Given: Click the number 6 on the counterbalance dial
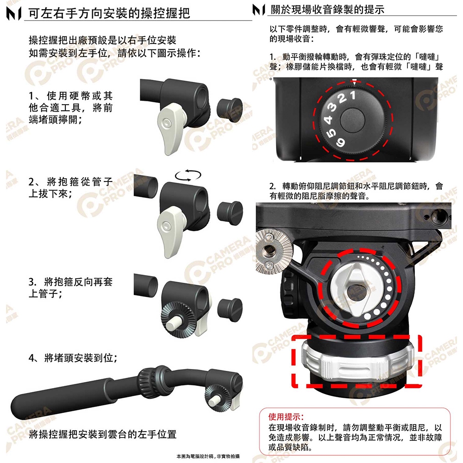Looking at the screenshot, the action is click(340, 142).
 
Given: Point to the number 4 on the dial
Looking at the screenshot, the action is click(328, 119).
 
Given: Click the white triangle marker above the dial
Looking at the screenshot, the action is click(355, 81).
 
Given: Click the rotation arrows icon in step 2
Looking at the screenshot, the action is click(188, 175).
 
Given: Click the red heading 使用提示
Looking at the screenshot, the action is click(286, 417).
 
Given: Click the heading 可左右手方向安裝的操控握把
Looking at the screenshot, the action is click(109, 13).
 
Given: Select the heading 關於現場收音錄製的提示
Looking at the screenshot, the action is click(327, 9).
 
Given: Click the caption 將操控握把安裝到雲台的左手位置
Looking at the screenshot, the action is click(102, 434).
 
